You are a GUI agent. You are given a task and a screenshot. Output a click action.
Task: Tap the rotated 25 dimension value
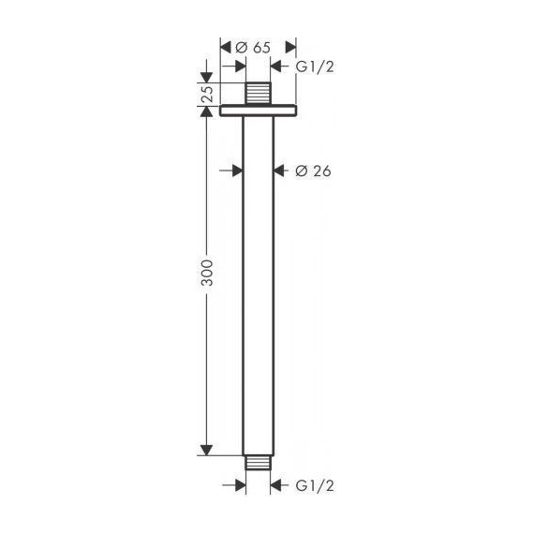click(208, 94)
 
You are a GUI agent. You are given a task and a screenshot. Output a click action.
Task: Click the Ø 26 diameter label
click(313, 171)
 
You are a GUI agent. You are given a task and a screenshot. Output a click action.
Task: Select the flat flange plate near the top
click(258, 110)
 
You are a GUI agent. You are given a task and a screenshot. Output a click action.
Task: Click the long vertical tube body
click(258, 281)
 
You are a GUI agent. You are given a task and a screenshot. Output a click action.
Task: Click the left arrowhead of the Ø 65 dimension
click(226, 46)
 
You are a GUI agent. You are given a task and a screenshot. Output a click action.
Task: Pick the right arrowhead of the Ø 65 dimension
click(289, 46)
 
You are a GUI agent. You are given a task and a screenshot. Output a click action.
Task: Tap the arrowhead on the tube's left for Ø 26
click(237, 171)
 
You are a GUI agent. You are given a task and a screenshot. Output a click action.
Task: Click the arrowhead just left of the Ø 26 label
click(278, 171)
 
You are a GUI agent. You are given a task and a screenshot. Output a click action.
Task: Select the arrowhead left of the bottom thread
click(240, 485)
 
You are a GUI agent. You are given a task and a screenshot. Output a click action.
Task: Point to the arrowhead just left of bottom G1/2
click(276, 485)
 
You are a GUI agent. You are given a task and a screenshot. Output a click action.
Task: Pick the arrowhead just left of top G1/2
click(276, 67)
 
